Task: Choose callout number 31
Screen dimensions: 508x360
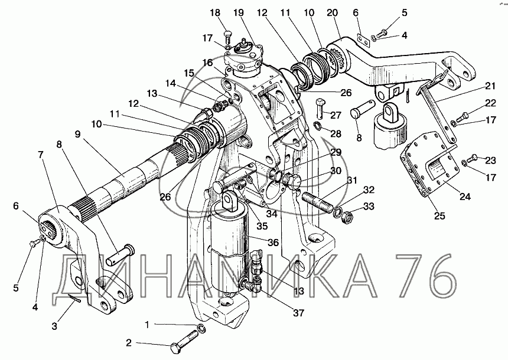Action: point(352,180)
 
